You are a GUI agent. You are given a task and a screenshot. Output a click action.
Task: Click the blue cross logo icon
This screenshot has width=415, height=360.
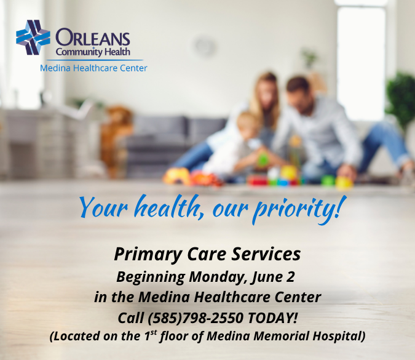[x=33, y=38]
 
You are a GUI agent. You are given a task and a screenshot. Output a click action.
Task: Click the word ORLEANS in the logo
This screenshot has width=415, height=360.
[x=93, y=38]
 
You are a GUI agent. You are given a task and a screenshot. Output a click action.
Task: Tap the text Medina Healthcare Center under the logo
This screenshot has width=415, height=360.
[x=93, y=68]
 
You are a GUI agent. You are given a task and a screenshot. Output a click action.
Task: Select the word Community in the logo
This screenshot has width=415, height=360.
[x=79, y=52]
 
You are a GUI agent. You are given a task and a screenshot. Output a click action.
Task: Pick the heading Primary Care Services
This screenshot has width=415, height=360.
[x=207, y=254]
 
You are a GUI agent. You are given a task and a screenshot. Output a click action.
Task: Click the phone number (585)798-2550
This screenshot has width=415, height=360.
[x=195, y=318]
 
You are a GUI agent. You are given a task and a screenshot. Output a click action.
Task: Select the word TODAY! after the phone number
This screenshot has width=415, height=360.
[x=273, y=318]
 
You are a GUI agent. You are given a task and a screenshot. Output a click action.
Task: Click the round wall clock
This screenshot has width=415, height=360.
[x=204, y=47]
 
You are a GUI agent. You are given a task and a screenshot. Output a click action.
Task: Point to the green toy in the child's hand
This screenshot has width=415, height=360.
[x=263, y=161]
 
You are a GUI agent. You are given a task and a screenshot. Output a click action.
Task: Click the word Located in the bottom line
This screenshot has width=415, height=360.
[x=75, y=337]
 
